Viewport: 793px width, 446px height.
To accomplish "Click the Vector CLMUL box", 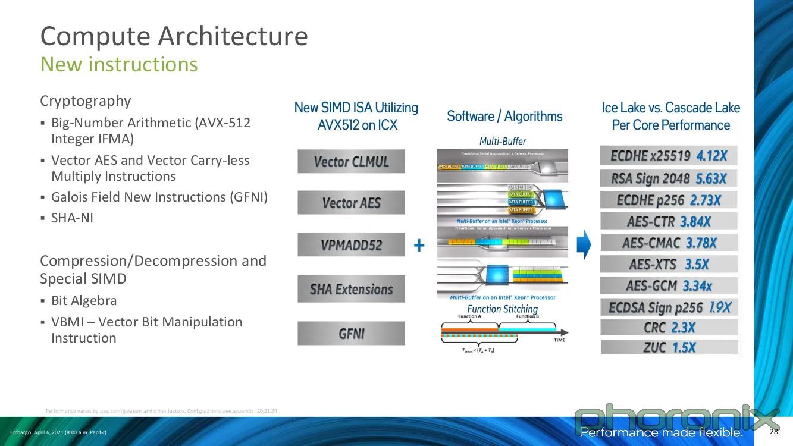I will click(x=351, y=161).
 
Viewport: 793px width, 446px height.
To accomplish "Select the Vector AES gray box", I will click(x=351, y=203).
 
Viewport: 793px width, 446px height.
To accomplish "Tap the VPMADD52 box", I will click(x=351, y=245).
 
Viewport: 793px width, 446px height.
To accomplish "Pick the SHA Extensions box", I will click(x=351, y=289).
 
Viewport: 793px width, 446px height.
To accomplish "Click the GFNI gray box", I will click(x=351, y=334).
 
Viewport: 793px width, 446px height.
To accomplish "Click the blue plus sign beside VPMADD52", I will click(x=419, y=246).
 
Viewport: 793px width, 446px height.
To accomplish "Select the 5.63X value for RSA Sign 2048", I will click(x=711, y=178).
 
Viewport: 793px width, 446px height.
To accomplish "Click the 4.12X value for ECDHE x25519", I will click(x=711, y=156).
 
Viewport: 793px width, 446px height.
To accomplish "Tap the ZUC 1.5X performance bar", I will click(x=669, y=348).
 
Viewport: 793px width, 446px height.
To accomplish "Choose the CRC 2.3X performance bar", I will click(x=669, y=328).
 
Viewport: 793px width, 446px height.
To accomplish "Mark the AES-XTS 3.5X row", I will click(x=669, y=264).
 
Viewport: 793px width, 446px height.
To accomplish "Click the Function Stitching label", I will click(x=502, y=309).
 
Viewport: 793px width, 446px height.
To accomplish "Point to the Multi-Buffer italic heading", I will click(x=503, y=141).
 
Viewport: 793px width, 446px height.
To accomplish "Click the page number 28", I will click(x=774, y=431).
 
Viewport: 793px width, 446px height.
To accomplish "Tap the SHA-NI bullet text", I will click(x=72, y=218).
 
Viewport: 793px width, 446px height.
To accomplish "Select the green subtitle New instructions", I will click(x=118, y=64).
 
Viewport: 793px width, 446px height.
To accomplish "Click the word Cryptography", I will click(x=85, y=101).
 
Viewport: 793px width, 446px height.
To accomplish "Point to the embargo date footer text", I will click(x=58, y=432).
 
